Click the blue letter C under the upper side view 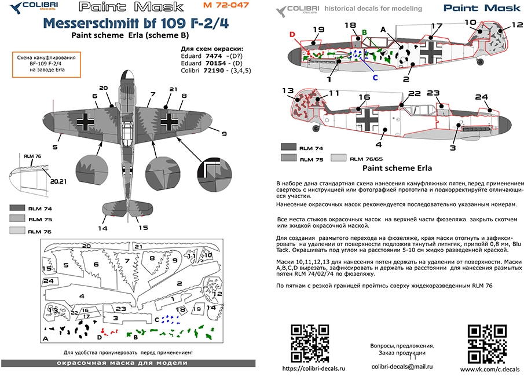[x=375, y=77]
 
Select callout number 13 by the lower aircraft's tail [x=287, y=90]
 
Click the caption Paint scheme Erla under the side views [x=398, y=169]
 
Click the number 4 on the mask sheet [x=82, y=296]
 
